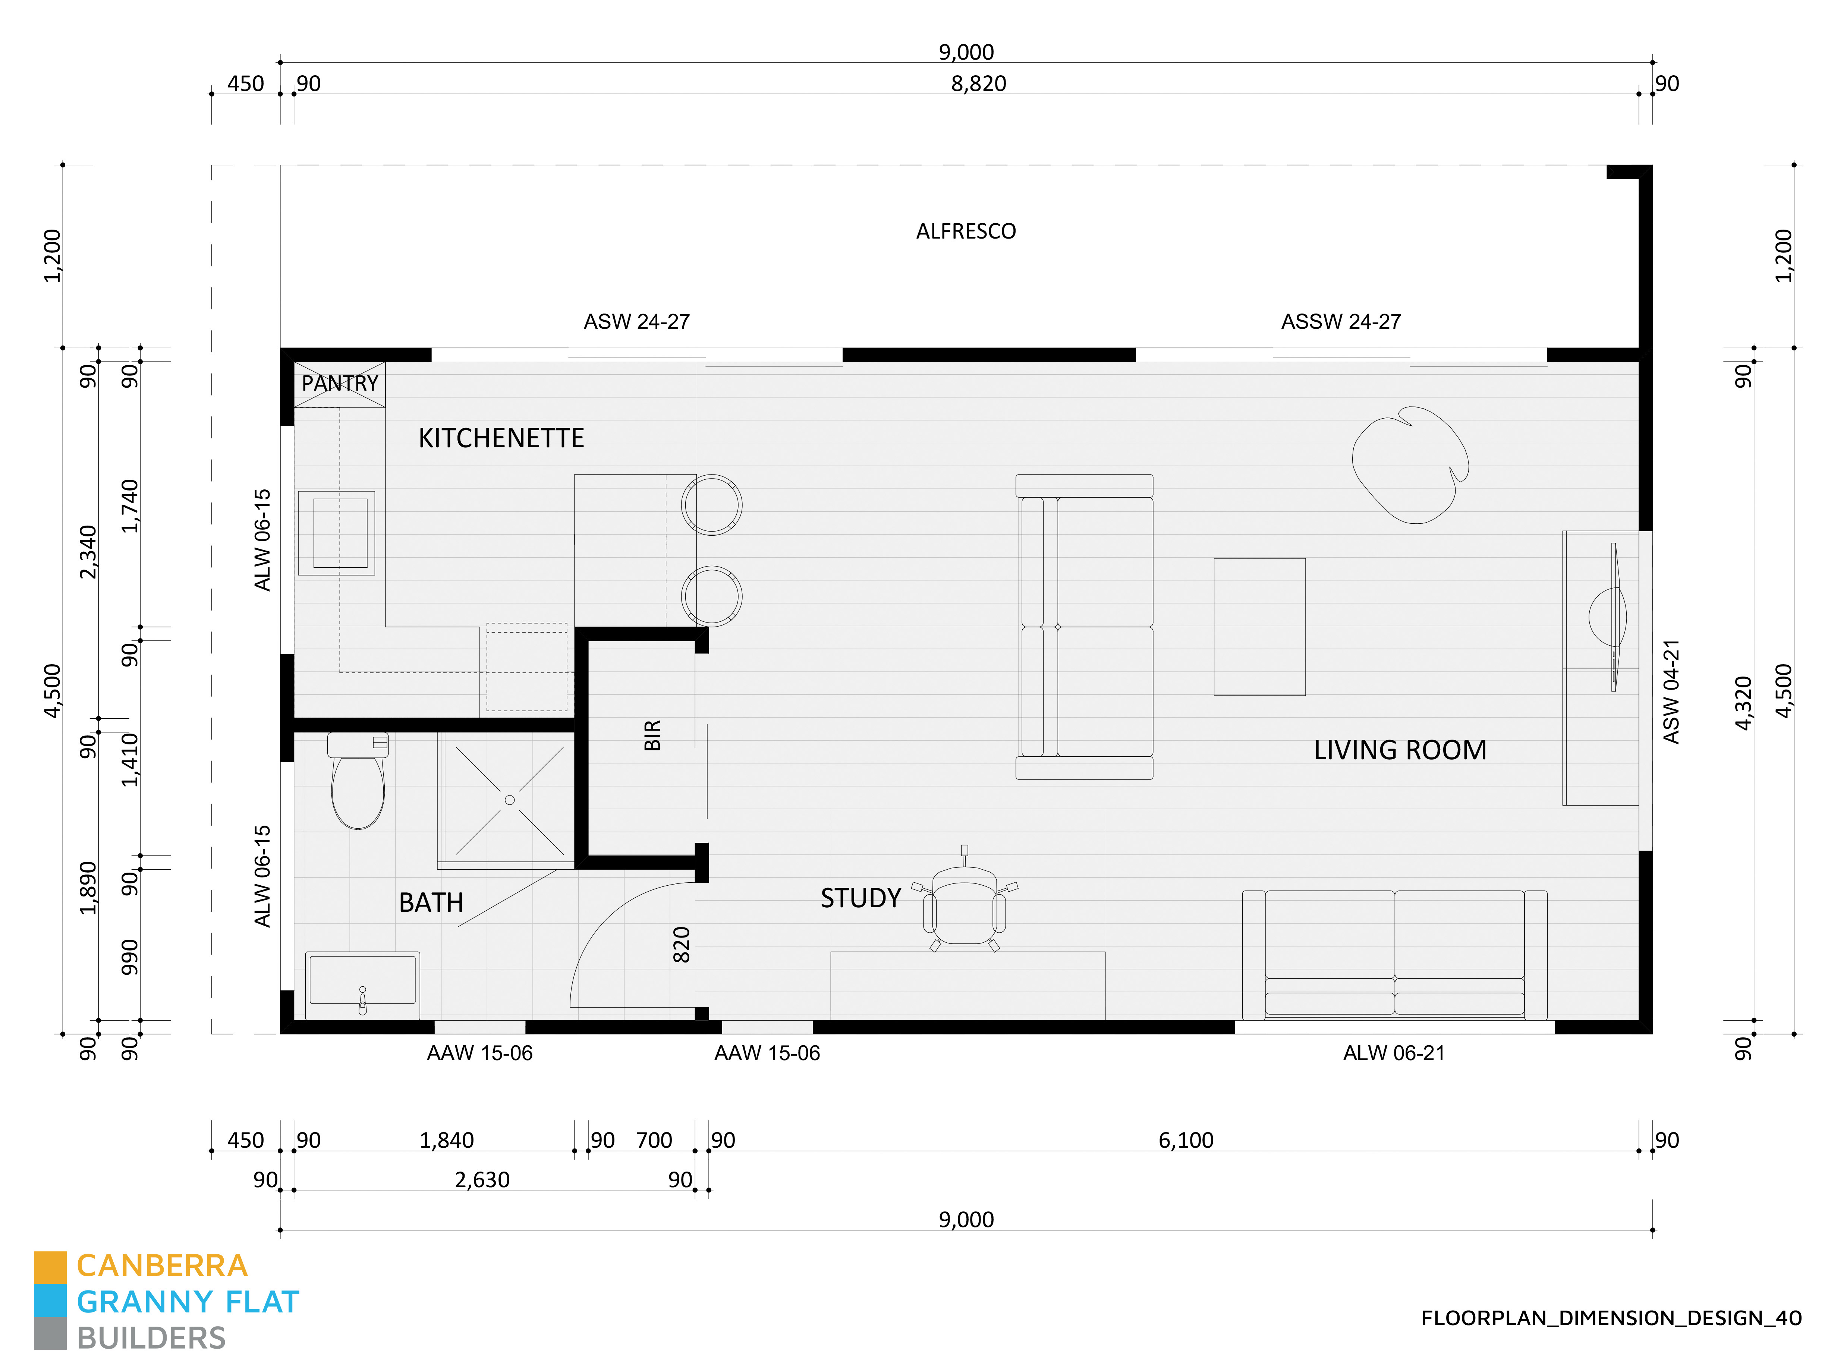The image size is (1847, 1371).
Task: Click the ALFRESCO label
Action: click(x=965, y=231)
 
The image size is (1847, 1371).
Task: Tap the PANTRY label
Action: click(x=340, y=384)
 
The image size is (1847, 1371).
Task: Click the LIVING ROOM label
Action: click(x=1400, y=750)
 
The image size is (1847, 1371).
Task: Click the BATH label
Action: click(x=431, y=902)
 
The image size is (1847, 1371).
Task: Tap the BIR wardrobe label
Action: click(x=652, y=735)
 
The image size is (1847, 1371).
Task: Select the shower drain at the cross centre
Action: click(x=510, y=800)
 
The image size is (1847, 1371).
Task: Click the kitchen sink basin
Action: click(x=340, y=533)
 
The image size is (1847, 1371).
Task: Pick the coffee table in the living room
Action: click(x=1259, y=627)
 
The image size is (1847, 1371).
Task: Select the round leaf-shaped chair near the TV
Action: click(x=1410, y=465)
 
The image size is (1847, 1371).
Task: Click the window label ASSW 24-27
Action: click(x=1341, y=322)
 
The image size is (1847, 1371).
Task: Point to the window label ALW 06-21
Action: click(x=1394, y=1053)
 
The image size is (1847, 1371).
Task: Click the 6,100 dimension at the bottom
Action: click(x=1185, y=1140)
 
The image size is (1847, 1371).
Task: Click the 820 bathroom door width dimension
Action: click(x=682, y=945)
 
